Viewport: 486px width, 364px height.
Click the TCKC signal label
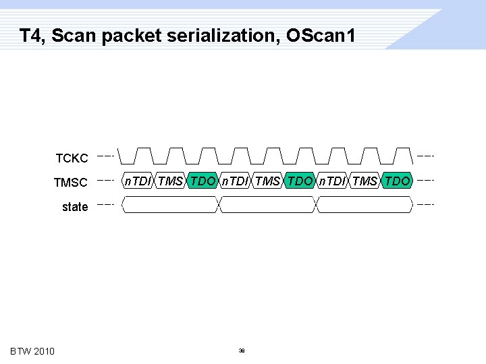coord(72,158)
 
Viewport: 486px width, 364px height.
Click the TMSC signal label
coord(71,183)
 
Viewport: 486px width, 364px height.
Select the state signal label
coord(74,207)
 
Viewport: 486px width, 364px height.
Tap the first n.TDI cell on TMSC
coord(138,181)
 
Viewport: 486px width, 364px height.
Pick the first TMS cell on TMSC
coord(170,181)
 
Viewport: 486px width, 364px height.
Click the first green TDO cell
coord(202,181)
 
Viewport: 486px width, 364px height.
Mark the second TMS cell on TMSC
coord(267,181)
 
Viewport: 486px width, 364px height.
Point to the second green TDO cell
coord(300,181)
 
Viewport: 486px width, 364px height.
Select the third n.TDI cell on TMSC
coord(332,181)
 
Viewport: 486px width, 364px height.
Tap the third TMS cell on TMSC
coord(364,181)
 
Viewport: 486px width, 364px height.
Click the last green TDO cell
coord(397,181)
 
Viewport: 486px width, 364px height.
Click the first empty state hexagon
coord(170,204)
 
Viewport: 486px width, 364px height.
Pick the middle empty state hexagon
coord(267,204)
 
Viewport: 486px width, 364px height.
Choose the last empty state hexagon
coord(364,204)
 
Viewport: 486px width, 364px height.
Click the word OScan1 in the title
coord(321,35)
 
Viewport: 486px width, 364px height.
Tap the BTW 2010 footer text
coord(32,351)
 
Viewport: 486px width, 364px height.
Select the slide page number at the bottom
coord(241,351)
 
